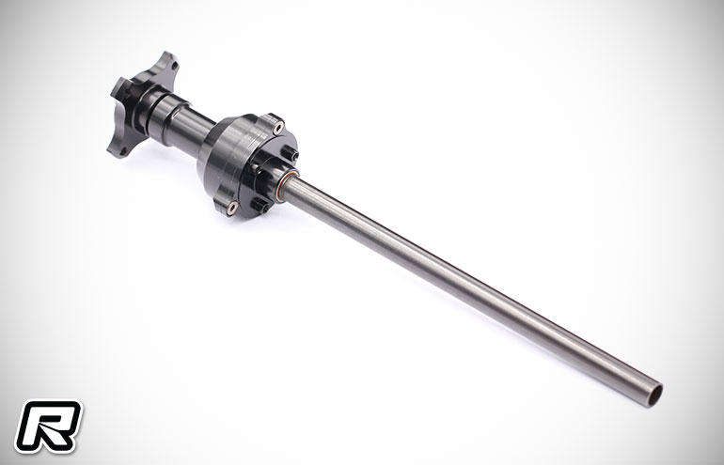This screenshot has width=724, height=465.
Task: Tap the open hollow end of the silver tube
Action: [654, 395]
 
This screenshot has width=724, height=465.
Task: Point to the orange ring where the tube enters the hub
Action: [286, 184]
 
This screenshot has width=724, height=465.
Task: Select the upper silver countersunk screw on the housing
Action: [278, 128]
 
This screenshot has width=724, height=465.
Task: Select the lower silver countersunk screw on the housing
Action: [232, 208]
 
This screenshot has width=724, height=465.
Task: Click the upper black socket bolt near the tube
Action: [291, 153]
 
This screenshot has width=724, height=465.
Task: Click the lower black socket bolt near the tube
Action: [260, 205]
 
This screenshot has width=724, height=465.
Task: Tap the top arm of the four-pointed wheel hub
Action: [167, 65]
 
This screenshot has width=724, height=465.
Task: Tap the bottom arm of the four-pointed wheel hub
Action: [119, 146]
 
